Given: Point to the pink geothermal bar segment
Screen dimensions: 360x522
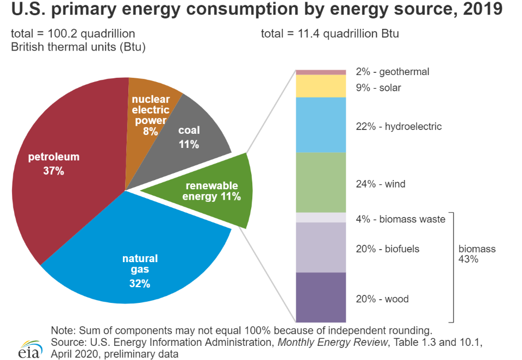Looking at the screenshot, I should pyautogui.click(x=321, y=72).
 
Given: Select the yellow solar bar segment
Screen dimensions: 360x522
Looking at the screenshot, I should pyautogui.click(x=321, y=86).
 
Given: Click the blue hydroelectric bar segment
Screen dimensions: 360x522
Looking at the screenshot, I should pyautogui.click(x=321, y=125).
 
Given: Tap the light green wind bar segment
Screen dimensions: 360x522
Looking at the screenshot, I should pyautogui.click(x=321, y=182).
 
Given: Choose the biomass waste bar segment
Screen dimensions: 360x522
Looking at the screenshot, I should pyautogui.click(x=321, y=218).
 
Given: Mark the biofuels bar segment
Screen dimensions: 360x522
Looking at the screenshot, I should pyautogui.click(x=321, y=247).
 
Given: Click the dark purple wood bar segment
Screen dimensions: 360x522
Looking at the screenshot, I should pyautogui.click(x=321, y=297).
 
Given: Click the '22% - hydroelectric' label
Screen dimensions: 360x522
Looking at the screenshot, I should pyautogui.click(x=399, y=127).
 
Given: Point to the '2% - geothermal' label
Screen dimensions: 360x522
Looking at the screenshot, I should pyautogui.click(x=393, y=72).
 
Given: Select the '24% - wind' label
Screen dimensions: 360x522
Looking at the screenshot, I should pyautogui.click(x=381, y=184).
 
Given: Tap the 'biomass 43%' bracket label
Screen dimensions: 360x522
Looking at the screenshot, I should pyautogui.click(x=477, y=254).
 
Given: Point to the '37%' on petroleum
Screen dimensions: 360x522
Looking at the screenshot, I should pyautogui.click(x=53, y=171).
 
